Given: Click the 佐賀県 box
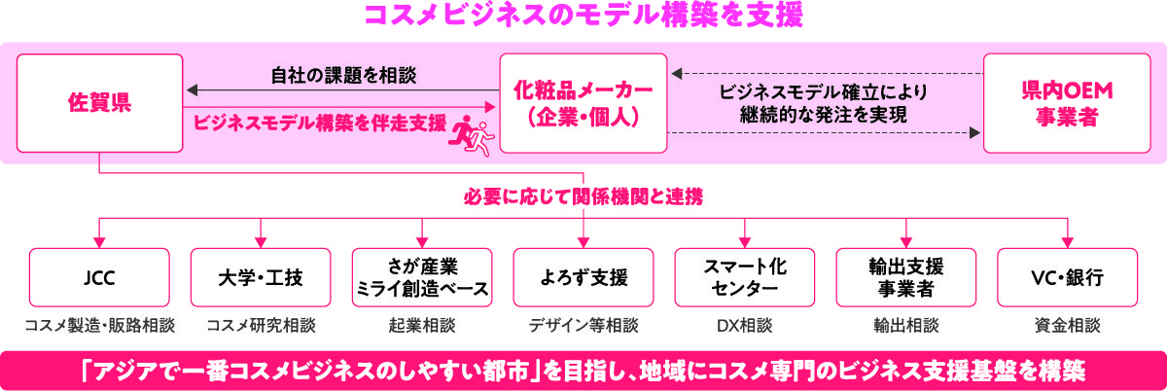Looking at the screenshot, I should [99, 103].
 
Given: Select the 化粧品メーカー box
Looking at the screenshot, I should [583, 103].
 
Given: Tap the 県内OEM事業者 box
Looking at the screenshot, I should [1066, 103].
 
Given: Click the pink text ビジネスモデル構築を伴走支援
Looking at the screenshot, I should [320, 124].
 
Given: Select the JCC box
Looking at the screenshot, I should [99, 277].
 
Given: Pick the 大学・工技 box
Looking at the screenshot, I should [261, 277].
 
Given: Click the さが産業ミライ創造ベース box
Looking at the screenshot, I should [421, 277].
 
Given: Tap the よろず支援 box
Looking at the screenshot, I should [583, 277].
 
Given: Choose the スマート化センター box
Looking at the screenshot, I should [744, 277].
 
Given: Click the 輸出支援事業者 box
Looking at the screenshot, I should [906, 277].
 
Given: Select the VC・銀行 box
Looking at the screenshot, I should [1067, 277].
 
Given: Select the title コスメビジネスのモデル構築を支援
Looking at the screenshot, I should [583, 17].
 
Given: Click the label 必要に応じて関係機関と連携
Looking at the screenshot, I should [583, 197].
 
